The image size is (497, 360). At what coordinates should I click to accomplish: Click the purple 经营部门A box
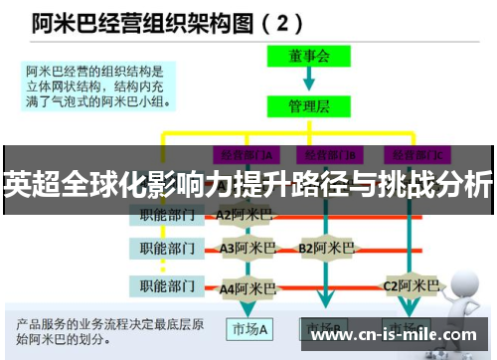[246, 153]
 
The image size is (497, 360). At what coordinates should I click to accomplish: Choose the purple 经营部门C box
[416, 153]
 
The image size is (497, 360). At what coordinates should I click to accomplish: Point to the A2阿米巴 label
[244, 213]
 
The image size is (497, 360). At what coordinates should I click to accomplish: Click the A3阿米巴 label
[248, 247]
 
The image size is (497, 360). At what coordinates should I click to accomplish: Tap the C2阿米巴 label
[412, 285]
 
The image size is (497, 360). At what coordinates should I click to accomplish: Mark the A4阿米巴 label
[248, 288]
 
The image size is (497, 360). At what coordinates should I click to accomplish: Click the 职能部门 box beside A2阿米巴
[166, 213]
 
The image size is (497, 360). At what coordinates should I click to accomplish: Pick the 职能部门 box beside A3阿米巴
[166, 247]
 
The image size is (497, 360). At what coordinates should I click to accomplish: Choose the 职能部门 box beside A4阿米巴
[166, 286]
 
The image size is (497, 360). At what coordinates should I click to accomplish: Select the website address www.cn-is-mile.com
[394, 335]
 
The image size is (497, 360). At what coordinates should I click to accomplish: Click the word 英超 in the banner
[28, 184]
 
